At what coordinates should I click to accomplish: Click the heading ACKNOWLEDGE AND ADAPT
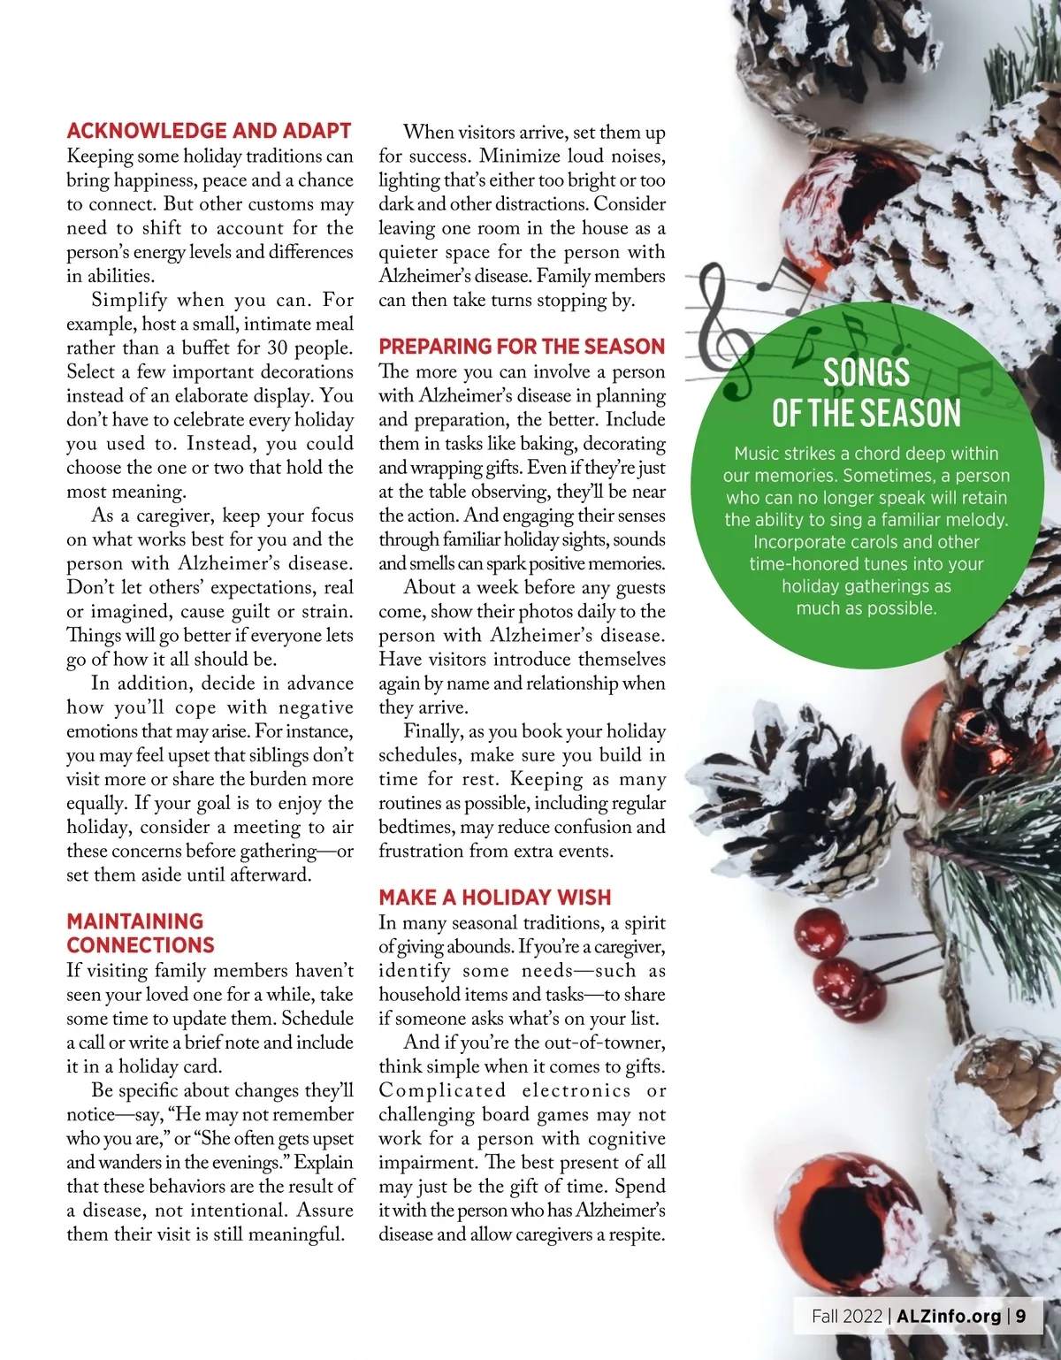click(x=209, y=131)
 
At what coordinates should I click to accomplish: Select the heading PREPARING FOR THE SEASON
click(x=521, y=347)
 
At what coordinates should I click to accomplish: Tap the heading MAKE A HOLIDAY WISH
click(x=494, y=898)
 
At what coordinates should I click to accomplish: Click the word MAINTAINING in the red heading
click(x=134, y=921)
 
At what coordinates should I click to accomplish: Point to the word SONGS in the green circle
click(x=866, y=372)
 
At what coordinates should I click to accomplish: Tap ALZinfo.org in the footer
click(x=949, y=1316)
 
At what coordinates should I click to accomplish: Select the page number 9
click(x=1021, y=1316)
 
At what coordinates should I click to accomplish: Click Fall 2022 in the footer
click(x=846, y=1316)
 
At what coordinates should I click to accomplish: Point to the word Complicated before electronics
click(x=442, y=1090)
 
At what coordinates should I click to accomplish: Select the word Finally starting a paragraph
click(x=431, y=731)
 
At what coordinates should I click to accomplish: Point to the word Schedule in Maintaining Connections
click(x=317, y=1019)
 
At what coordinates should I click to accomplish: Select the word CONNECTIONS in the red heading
click(x=141, y=945)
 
